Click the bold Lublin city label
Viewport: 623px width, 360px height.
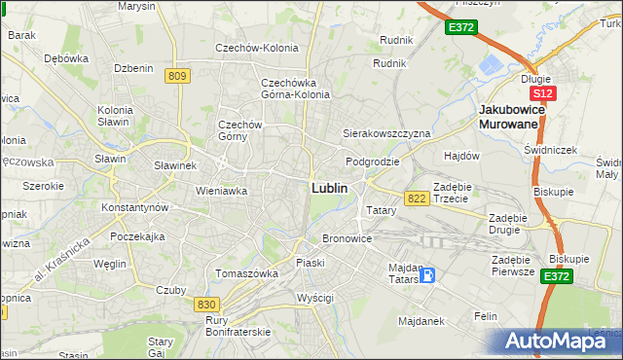point(329,187)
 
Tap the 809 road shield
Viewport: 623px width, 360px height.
point(176,76)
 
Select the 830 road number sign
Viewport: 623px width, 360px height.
point(205,305)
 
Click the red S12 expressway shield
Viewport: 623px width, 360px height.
point(543,93)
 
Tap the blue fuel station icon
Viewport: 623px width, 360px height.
point(427,275)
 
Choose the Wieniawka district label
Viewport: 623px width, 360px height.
point(221,191)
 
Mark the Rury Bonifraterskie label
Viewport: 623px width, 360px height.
point(238,326)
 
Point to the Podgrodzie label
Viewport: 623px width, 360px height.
point(373,162)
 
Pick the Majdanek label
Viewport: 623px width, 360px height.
point(421,319)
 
